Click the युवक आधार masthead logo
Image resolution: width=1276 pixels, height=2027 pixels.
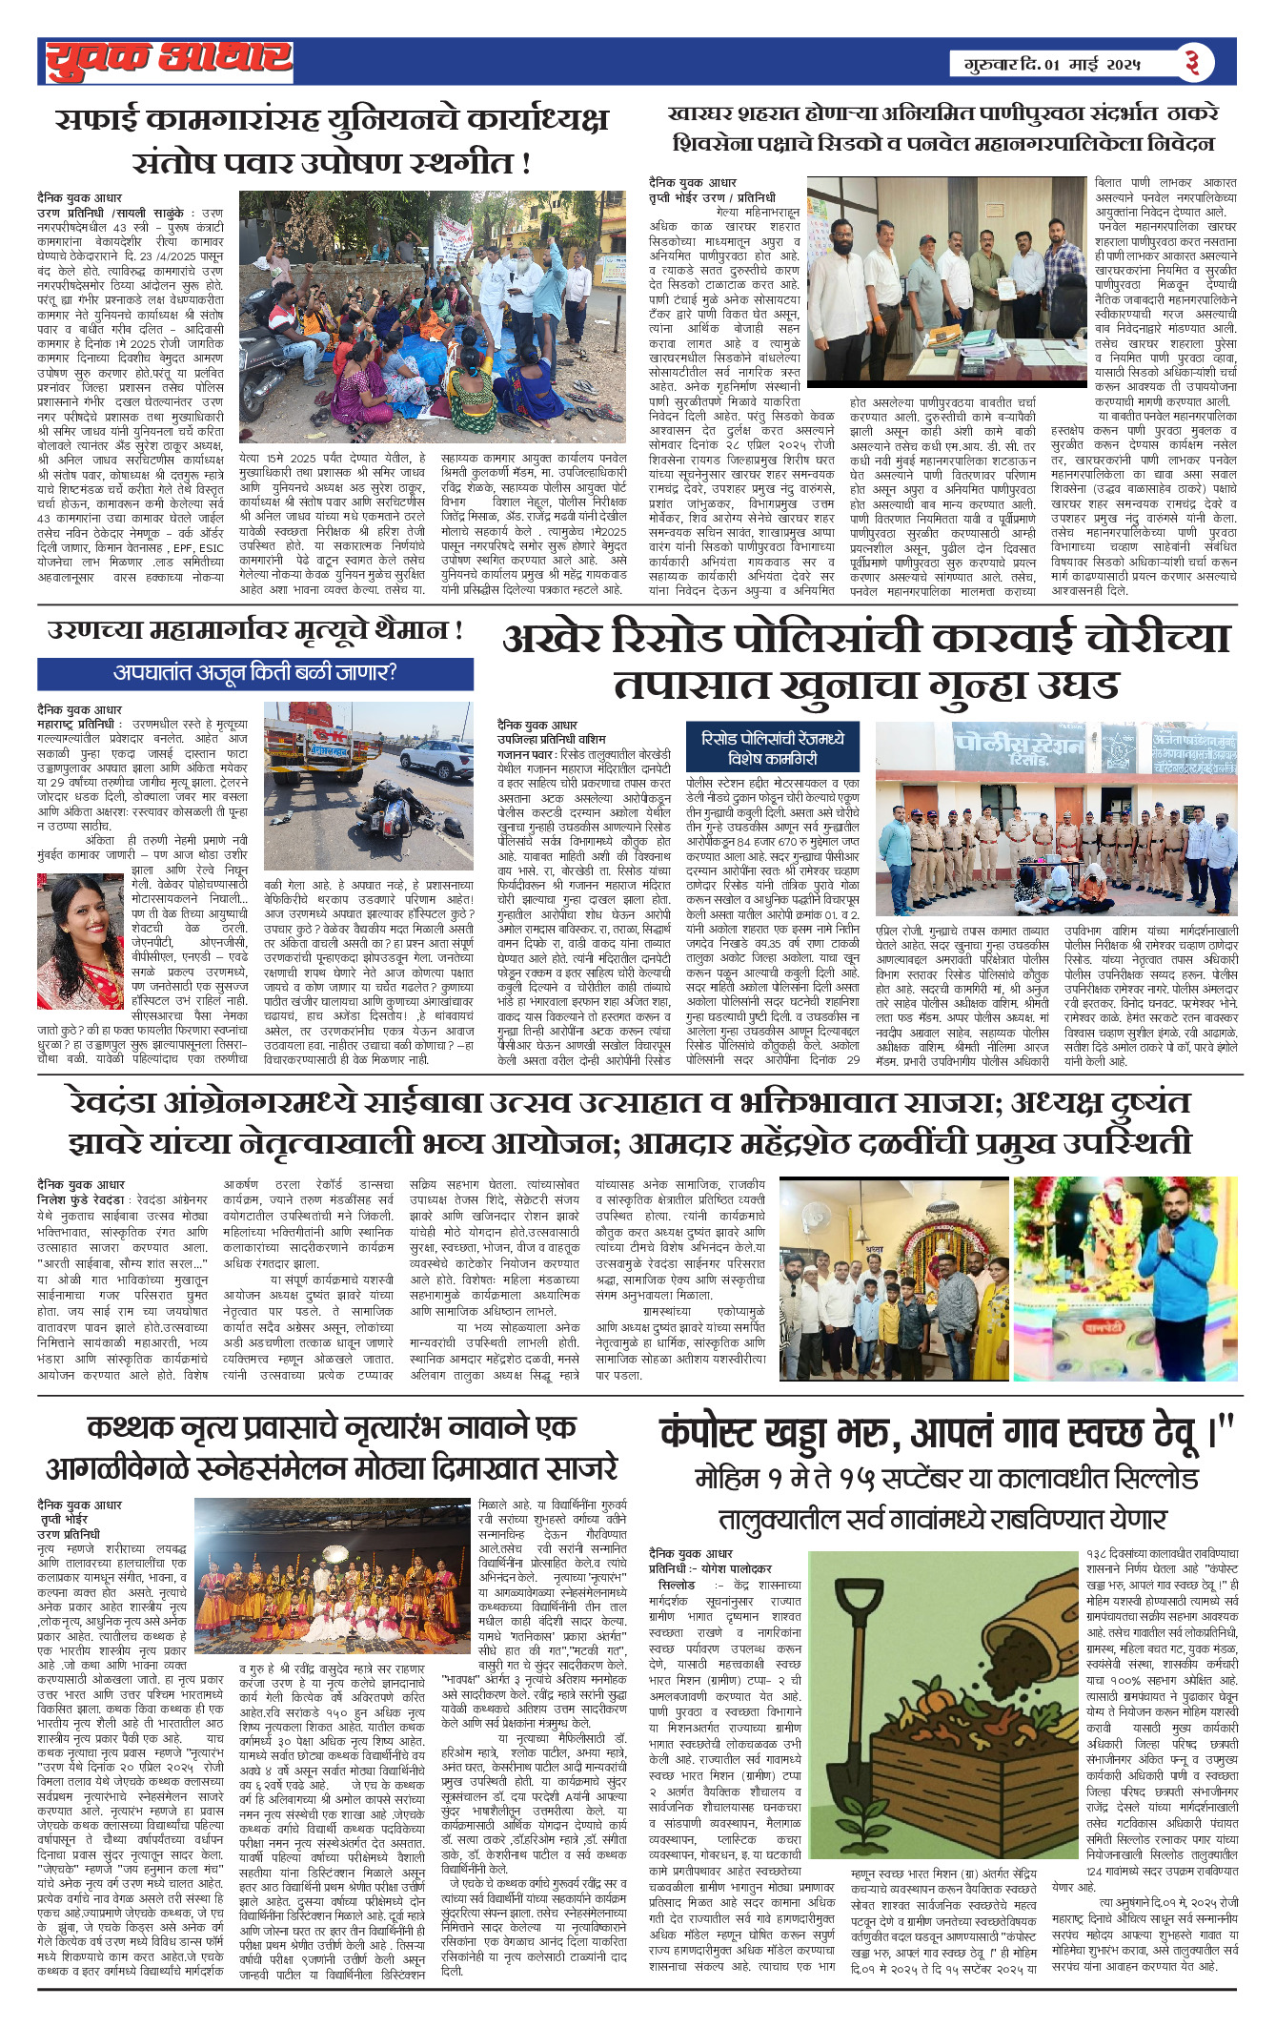169,60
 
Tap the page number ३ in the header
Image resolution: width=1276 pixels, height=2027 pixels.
1192,63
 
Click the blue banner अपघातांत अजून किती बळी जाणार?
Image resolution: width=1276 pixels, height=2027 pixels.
254,673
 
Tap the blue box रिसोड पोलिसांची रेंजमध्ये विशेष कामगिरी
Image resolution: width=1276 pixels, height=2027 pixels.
772,748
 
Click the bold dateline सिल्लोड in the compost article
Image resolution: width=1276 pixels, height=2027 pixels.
677,1585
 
